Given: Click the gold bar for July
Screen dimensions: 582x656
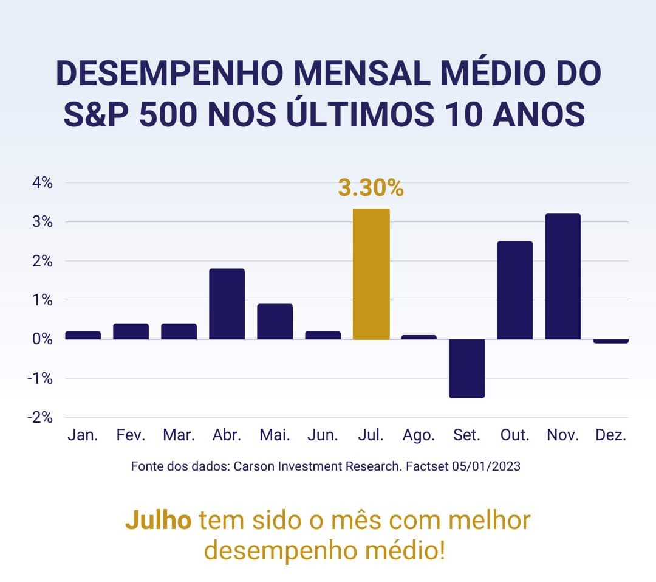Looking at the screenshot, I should pyautogui.click(x=371, y=274).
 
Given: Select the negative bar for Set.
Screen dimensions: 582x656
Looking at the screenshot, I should pyautogui.click(x=467, y=369).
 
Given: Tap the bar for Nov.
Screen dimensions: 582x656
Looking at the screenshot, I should pyautogui.click(x=563, y=276).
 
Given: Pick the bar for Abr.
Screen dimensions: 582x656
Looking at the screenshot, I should pyautogui.click(x=227, y=303).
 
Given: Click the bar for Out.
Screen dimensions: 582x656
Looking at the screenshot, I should pyautogui.click(x=515, y=290).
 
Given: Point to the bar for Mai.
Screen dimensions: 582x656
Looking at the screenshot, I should pyautogui.click(x=275, y=321).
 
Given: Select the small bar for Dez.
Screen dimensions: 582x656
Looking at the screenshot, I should pyautogui.click(x=611, y=341).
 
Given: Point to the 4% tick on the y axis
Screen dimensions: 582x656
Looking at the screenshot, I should pyautogui.click(x=43, y=182).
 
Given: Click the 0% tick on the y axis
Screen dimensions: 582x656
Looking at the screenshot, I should pyautogui.click(x=43, y=339).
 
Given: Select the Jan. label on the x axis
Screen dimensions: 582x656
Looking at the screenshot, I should pyautogui.click(x=83, y=435).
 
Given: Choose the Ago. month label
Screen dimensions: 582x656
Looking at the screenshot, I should pyautogui.click(x=419, y=435).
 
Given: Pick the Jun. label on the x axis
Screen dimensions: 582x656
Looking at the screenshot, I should pyautogui.click(x=323, y=435).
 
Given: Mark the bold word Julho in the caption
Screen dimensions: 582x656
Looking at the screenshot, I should pyautogui.click(x=159, y=521).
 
